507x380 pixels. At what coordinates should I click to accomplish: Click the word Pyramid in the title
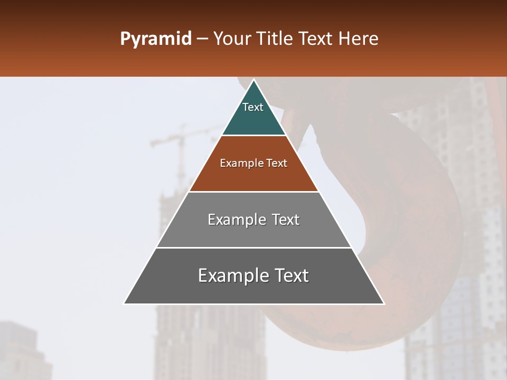tap(155, 39)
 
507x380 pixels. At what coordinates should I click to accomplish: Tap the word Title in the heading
tap(275, 39)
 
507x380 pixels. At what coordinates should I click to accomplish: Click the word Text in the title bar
tap(315, 39)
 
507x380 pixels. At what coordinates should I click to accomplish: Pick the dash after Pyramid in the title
tap(202, 39)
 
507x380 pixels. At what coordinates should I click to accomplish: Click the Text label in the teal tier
tap(253, 107)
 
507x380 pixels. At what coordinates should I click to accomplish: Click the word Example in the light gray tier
tap(232, 220)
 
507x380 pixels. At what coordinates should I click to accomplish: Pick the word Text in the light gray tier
tap(286, 220)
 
